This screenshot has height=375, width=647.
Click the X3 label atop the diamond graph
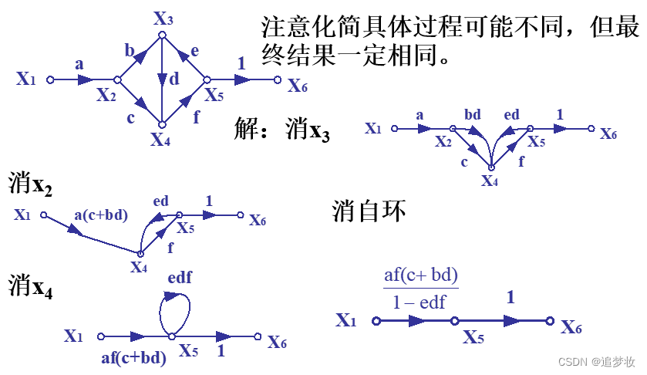tap(163, 18)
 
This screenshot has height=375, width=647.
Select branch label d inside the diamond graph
tap(174, 79)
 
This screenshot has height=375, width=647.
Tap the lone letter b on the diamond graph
tap(130, 52)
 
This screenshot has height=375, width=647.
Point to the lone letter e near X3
tap(194, 51)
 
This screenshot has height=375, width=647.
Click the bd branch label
tap(473, 115)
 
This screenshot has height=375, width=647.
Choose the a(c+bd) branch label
tap(102, 215)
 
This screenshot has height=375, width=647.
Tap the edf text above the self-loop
tap(179, 276)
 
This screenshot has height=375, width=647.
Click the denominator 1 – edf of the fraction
tap(420, 302)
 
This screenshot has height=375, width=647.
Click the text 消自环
tap(368, 211)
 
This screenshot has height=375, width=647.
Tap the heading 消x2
tap(31, 183)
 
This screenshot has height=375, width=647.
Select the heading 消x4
tap(31, 287)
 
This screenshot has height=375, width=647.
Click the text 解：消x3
tap(282, 130)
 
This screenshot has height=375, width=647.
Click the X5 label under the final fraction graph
tap(474, 337)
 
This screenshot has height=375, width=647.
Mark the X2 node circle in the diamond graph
tap(118, 79)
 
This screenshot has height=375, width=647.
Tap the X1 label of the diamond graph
tap(26, 79)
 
